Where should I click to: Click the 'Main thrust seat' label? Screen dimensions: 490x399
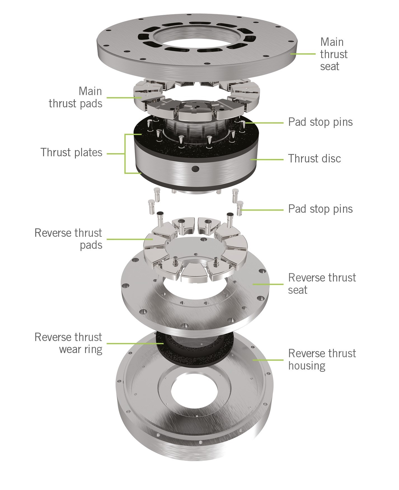click(x=334, y=54)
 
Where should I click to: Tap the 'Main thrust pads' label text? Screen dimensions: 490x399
click(x=76, y=97)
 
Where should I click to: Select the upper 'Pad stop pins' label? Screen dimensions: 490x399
click(x=320, y=122)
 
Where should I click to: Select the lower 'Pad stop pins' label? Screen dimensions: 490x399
click(x=320, y=209)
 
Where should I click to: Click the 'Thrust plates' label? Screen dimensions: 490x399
click(x=72, y=153)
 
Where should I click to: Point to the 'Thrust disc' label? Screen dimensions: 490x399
click(x=314, y=159)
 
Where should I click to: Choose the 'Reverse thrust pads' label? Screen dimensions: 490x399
click(x=69, y=239)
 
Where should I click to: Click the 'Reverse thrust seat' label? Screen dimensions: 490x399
click(x=322, y=283)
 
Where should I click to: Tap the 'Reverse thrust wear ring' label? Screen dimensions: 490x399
click(x=68, y=343)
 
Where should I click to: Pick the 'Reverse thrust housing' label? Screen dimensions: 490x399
click(x=322, y=359)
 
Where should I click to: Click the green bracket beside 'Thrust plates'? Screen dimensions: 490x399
click(x=125, y=153)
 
